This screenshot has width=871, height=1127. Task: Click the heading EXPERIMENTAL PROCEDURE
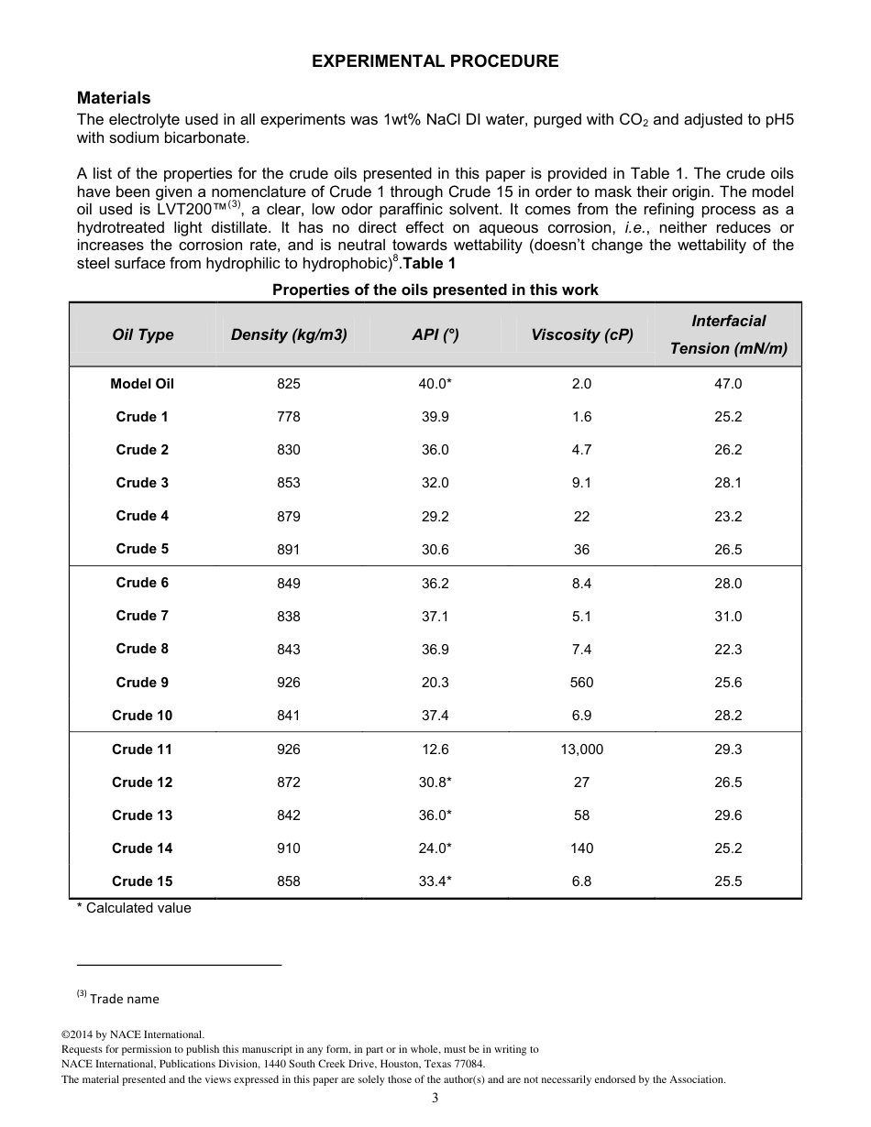[435, 61]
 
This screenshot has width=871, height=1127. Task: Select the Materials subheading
[114, 98]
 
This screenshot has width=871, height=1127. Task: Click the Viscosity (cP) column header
[581, 335]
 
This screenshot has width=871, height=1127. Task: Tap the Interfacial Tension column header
[728, 334]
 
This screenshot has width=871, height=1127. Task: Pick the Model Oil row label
[142, 384]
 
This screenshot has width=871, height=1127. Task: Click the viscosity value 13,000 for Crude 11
[581, 750]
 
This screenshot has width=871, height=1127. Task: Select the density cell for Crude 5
[288, 550]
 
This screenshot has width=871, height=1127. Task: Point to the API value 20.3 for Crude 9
[435, 683]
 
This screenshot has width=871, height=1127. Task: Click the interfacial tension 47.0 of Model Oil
[728, 384]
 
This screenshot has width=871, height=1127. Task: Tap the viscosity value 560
[581, 683]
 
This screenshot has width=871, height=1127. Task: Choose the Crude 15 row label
[142, 881]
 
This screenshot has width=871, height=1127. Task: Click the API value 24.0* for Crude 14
[435, 848]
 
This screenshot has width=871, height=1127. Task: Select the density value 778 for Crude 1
[288, 417]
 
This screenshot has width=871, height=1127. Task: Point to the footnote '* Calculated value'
[134, 908]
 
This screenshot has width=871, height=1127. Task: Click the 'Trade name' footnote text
[124, 999]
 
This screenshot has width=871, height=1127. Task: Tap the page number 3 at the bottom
[435, 1099]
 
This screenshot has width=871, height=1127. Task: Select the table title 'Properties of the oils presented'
[435, 290]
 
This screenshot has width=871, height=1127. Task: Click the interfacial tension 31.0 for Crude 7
[728, 617]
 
